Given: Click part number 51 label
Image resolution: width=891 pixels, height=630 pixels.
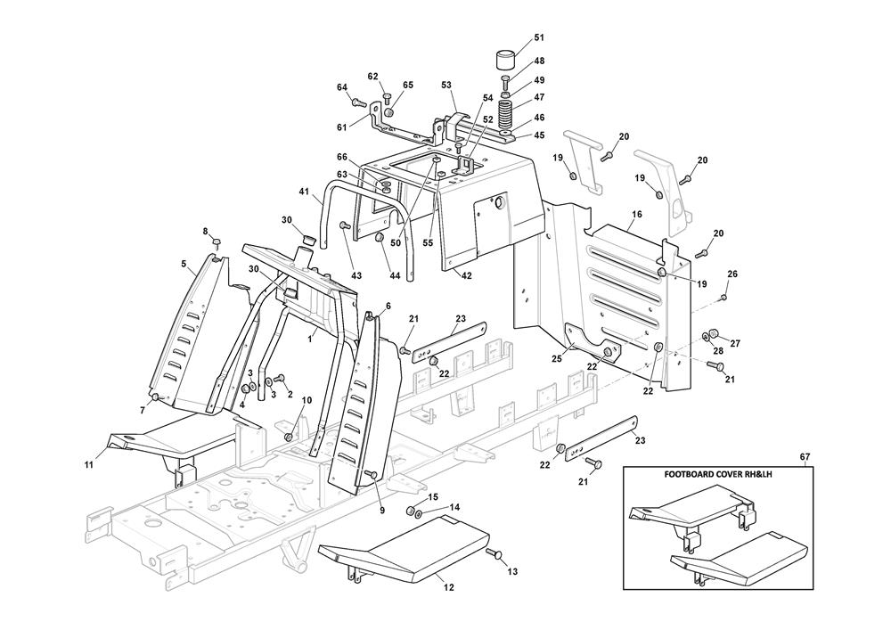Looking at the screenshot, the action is [539, 38].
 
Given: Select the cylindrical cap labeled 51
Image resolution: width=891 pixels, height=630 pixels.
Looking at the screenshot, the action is [504, 60].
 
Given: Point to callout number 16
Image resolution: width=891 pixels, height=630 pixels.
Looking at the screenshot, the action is [636, 214].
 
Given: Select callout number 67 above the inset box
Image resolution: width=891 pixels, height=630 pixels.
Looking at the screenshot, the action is [805, 456].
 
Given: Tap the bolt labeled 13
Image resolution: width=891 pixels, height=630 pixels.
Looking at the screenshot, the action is [495, 553].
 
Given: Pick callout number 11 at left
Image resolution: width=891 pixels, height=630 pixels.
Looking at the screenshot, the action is [88, 464].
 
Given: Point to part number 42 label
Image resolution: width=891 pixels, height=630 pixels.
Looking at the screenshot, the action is [466, 275].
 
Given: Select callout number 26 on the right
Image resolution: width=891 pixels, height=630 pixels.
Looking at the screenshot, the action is [732, 274].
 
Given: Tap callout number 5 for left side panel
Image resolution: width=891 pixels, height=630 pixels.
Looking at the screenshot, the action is [184, 263].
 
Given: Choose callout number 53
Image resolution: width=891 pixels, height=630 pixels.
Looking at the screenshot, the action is [446, 86].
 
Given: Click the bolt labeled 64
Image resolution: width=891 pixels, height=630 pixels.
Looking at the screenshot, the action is [358, 102].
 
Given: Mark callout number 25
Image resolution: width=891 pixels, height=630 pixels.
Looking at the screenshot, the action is [556, 358].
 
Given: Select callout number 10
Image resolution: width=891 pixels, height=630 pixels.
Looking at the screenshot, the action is [307, 400].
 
